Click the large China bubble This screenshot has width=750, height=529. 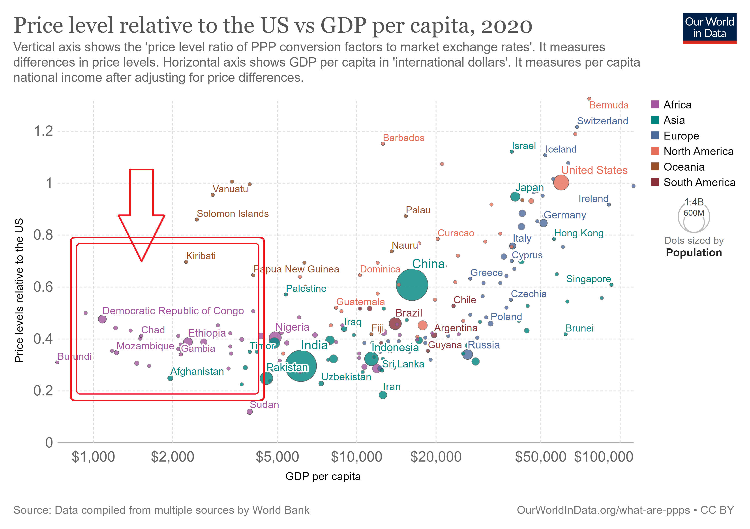pos(412,285)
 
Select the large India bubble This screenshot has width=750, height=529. pos(300,366)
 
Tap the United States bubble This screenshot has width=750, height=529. pos(561,183)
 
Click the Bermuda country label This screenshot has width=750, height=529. pos(609,105)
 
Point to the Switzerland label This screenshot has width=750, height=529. pos(602,121)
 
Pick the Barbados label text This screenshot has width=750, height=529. pos(403,138)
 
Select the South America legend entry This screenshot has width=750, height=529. pos(699,183)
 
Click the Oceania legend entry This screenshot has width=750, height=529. pos(683,167)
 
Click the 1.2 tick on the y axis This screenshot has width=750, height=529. pos(43,131)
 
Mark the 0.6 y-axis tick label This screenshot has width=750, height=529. pos(43,287)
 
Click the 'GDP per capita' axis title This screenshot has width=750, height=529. pos(323,477)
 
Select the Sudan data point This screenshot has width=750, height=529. pos(249,412)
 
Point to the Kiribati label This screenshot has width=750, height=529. pos(201,256)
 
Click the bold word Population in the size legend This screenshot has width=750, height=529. pos(694,253)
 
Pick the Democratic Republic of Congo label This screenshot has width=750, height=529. pos(173,311)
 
